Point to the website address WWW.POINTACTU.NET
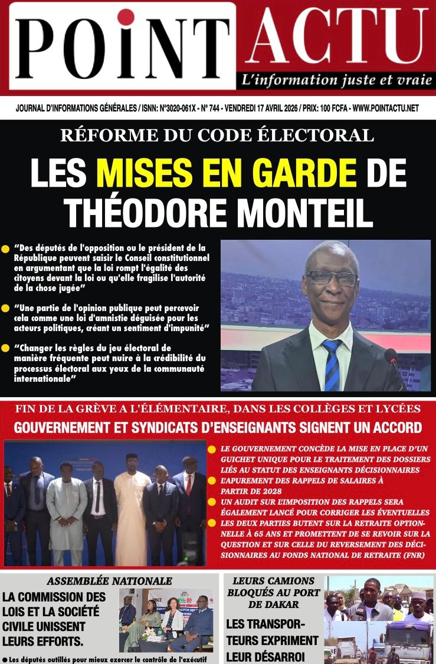[x=385, y=108]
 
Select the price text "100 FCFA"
[x=333, y=108]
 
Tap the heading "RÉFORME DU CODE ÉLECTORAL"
[x=217, y=136]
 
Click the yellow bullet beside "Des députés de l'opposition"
[x=6, y=249]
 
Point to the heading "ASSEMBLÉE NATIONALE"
[x=110, y=581]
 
